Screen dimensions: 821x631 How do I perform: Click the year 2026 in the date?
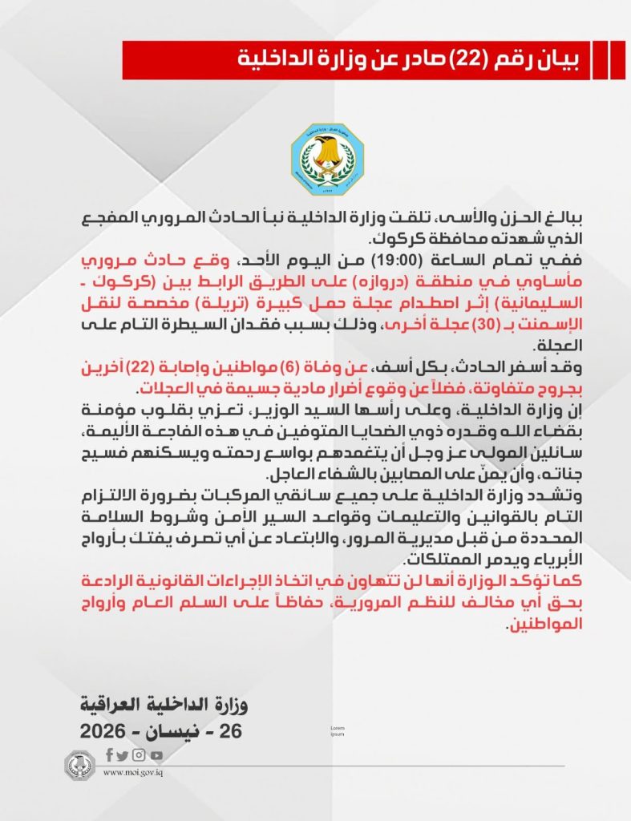(103, 731)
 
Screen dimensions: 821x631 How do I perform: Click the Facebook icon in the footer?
(109, 754)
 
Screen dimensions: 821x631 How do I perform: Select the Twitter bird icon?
(122, 755)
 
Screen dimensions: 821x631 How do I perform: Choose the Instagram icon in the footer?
(139, 754)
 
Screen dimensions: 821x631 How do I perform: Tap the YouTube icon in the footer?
(156, 755)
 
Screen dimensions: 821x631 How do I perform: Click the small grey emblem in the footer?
(80, 765)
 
